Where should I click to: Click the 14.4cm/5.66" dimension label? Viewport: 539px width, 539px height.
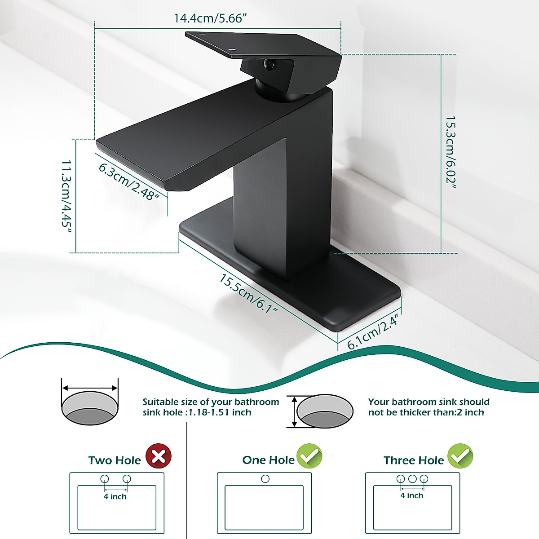click(x=211, y=18)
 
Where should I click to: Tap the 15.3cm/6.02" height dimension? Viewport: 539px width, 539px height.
click(x=451, y=150)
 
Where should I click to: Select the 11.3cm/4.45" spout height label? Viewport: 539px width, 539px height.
click(x=66, y=196)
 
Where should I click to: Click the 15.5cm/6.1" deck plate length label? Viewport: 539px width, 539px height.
click(x=248, y=293)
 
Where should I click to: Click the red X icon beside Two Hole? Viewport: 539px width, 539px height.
click(x=159, y=456)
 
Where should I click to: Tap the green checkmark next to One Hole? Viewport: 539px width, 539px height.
click(x=309, y=456)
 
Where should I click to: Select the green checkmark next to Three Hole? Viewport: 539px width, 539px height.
click(x=460, y=456)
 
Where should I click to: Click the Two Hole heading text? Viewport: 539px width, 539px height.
click(x=115, y=460)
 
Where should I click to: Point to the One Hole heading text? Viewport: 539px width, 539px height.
click(x=268, y=460)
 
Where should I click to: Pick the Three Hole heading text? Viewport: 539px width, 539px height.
click(x=414, y=460)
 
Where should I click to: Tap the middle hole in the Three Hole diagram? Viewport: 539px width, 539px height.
click(x=412, y=479)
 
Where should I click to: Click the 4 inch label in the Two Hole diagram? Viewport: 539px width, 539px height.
click(x=115, y=496)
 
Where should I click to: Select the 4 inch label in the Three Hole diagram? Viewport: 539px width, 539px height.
click(x=412, y=495)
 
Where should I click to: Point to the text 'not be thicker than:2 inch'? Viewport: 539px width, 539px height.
click(x=426, y=412)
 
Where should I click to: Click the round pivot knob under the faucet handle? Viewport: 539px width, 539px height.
click(x=269, y=65)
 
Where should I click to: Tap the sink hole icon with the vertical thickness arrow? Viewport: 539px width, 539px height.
click(x=324, y=411)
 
